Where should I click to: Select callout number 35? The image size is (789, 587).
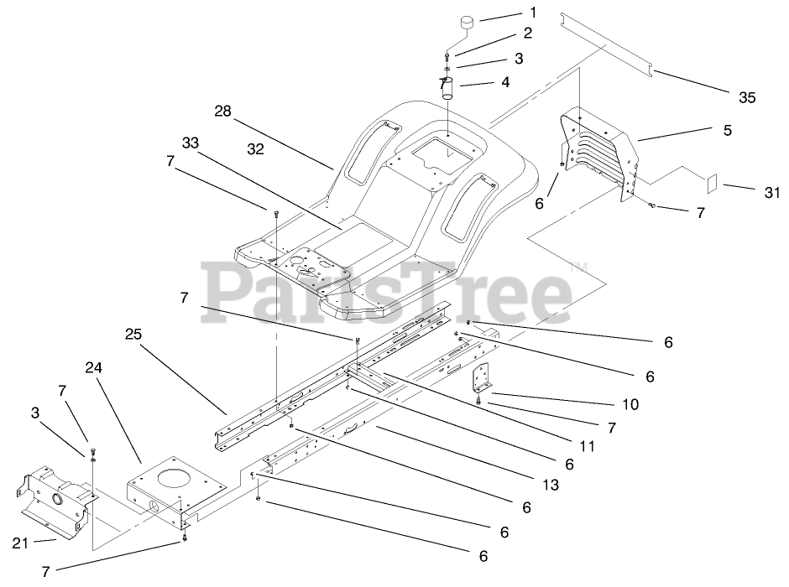pos(747,97)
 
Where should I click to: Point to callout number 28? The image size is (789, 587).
pos(222,112)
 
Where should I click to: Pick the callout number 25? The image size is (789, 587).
pos(133,333)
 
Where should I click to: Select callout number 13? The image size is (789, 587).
pos(550,484)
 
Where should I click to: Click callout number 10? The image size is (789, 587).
pos(630,404)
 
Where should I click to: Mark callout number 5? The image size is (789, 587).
pos(727,130)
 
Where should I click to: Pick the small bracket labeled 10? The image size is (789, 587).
pos(481,379)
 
